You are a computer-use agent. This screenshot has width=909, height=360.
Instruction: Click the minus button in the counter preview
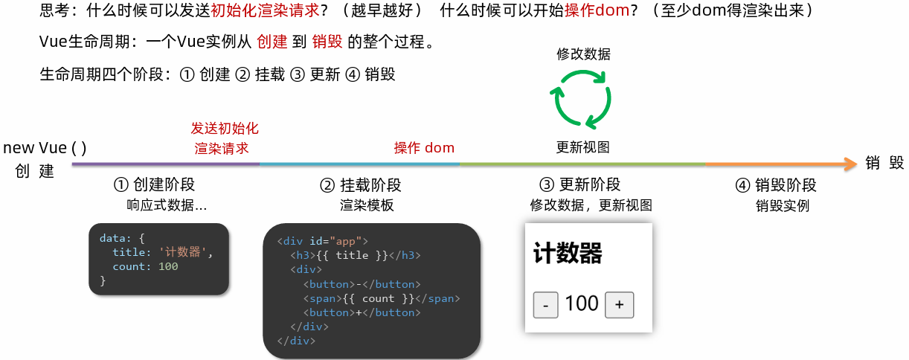click(546, 305)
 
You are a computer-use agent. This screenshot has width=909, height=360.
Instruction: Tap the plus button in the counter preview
click(619, 305)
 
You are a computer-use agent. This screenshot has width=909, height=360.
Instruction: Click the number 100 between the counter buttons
click(582, 303)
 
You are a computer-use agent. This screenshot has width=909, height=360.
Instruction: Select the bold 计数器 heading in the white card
click(568, 254)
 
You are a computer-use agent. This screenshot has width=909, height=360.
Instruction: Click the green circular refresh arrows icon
click(581, 99)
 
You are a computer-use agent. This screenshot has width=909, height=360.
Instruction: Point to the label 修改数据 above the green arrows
click(584, 54)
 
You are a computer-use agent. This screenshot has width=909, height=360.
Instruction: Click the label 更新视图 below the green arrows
click(583, 147)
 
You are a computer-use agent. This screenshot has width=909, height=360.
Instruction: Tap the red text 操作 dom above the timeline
click(424, 147)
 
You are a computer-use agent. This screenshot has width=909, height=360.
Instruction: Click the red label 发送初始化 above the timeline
click(225, 128)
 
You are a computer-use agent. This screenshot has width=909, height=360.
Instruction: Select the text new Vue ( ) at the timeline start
click(45, 148)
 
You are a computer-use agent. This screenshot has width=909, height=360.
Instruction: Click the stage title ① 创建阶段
click(154, 185)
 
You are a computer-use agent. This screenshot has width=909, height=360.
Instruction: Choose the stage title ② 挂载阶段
click(360, 185)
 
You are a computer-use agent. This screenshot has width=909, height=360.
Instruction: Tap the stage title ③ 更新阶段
click(579, 185)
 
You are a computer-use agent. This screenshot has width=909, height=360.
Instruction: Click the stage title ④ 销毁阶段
click(776, 185)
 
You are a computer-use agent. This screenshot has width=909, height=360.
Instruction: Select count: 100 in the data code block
click(145, 266)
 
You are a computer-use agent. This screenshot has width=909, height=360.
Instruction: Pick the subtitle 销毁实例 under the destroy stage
click(782, 206)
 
